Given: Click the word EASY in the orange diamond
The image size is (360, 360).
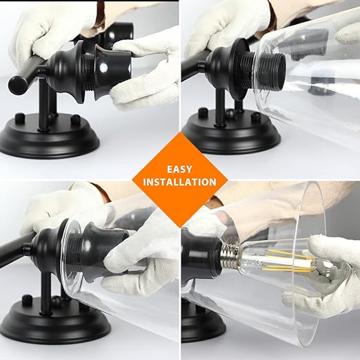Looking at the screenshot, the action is pos(179,170).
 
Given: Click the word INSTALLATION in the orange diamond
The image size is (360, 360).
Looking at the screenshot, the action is pos(179,182).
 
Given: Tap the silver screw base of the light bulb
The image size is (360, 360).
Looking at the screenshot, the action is pos(229,255).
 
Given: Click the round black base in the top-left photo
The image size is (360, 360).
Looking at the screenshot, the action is pos(50,137).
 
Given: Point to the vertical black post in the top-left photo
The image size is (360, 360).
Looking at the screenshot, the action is pos(43,102).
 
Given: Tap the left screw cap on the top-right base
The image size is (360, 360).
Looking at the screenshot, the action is pos(203,112).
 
